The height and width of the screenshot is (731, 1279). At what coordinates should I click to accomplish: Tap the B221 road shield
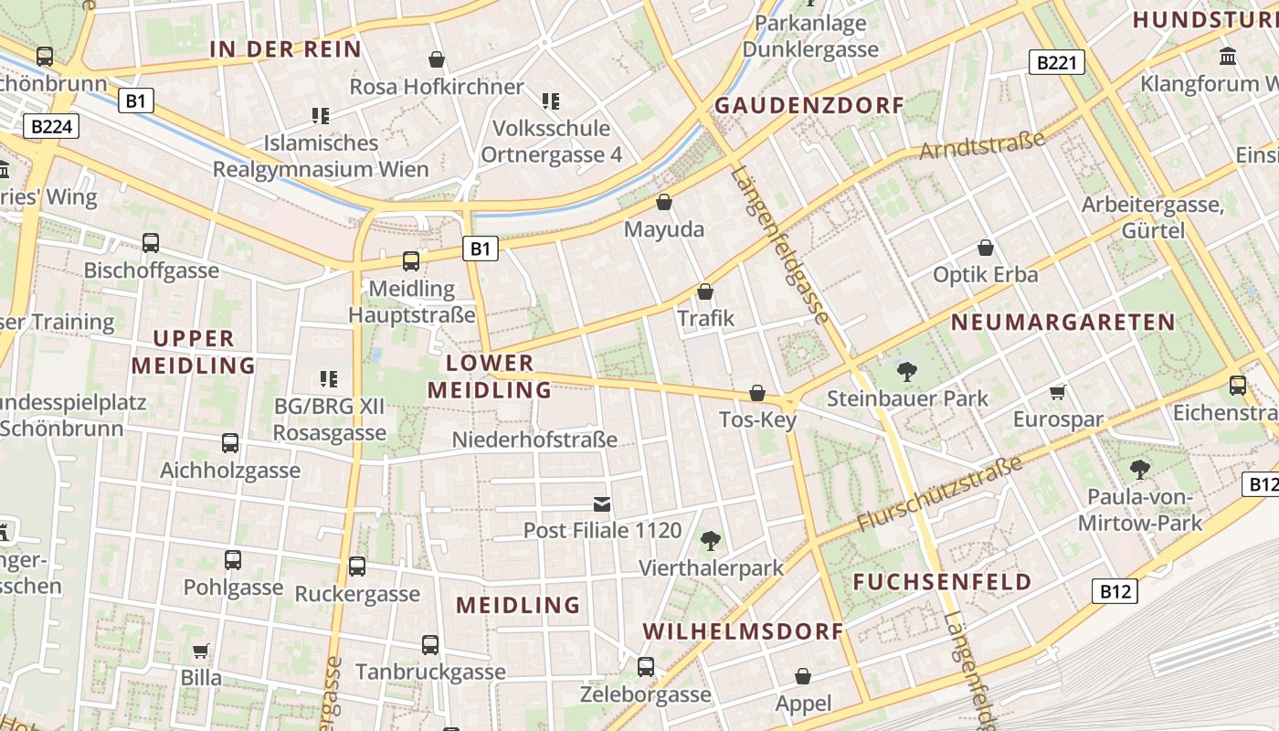tap(1057, 62)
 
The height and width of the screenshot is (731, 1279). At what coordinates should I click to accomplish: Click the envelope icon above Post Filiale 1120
tap(602, 503)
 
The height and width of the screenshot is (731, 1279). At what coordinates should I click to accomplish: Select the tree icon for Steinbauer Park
tap(906, 371)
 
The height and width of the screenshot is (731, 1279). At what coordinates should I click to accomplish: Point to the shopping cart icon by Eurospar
tap(1058, 392)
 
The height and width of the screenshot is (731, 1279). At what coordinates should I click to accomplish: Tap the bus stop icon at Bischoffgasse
tap(151, 243)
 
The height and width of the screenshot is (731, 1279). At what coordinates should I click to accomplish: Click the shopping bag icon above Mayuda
tap(664, 202)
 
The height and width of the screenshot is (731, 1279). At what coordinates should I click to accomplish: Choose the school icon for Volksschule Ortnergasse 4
tap(551, 101)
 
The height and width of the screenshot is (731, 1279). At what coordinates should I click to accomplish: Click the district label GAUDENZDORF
tap(809, 105)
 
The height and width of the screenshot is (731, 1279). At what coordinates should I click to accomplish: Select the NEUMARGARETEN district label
tap(1062, 322)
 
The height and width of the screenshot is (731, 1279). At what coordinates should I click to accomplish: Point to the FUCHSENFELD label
tap(942, 582)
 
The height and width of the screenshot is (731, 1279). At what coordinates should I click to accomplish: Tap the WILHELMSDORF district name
tap(743, 631)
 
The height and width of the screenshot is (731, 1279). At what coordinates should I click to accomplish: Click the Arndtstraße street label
tap(982, 144)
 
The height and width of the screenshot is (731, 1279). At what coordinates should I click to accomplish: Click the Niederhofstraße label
tap(534, 440)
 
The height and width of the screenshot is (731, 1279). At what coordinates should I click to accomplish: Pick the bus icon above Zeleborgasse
tap(646, 667)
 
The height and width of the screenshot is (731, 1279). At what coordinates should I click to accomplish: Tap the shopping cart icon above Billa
tap(201, 651)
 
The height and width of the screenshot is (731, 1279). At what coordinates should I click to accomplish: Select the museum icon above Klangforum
tap(1228, 57)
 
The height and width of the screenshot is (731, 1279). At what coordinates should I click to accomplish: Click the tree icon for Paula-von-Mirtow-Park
tap(1139, 470)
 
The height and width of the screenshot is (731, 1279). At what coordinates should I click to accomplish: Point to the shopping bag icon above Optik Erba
tap(986, 248)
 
